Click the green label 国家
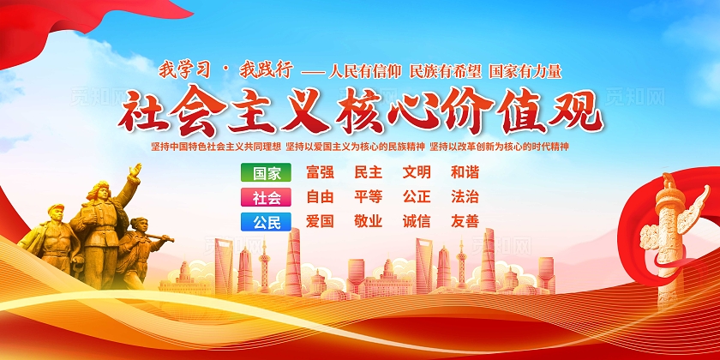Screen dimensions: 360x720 pos(267,172)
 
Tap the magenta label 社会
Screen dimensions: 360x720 pos(267,197)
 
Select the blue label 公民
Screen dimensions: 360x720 pos(267,222)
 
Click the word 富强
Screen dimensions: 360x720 pos(320,172)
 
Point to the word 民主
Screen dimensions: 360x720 pos(369,172)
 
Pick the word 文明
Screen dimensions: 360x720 pos(417,172)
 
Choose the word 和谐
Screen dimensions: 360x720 pos(465,172)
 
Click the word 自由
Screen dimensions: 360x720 pos(320,197)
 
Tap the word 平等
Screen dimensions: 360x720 pos(369,197)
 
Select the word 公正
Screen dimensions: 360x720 pos(417,197)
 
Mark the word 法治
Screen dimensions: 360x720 pos(465,197)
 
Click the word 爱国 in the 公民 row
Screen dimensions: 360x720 pos(320,222)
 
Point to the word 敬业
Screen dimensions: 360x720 pos(369,222)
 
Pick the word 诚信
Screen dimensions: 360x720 pos(417,222)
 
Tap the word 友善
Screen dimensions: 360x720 pos(465,222)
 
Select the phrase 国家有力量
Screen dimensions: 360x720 pos(525,71)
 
